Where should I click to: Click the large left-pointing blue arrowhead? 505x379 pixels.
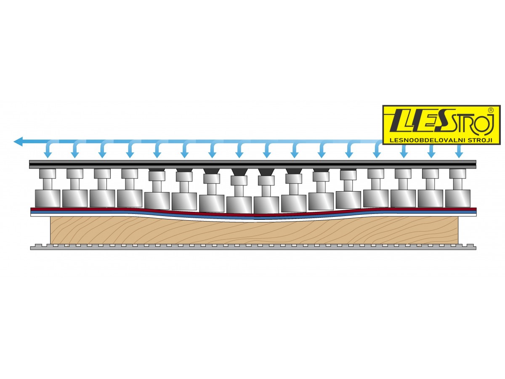click(18, 141)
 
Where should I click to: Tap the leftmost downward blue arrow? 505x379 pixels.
click(47, 149)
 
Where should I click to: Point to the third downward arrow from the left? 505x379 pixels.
click(102, 149)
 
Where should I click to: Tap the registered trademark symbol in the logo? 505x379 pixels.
click(491, 110)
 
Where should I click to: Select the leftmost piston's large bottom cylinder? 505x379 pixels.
click(48, 198)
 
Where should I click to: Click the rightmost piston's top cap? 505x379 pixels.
click(457, 173)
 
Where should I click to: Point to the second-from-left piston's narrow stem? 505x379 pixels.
click(75, 184)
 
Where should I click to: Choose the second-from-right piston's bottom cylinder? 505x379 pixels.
click(431, 198)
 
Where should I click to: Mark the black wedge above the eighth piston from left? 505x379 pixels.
click(239, 172)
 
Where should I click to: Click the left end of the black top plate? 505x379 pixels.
click(30, 164)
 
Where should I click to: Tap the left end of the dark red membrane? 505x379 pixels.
click(31, 209)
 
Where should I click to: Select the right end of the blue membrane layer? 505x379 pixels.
click(475, 212)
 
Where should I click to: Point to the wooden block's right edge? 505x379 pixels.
click(458, 230)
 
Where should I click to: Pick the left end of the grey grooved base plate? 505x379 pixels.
click(31, 248)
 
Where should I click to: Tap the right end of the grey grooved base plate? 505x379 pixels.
click(475, 248)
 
